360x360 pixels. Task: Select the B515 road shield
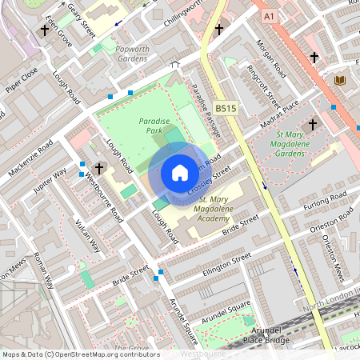tap(226, 107)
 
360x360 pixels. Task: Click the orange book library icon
tap(340, 80)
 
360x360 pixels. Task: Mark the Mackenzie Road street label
tap(32, 159)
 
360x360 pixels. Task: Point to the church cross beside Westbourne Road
tap(99, 168)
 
